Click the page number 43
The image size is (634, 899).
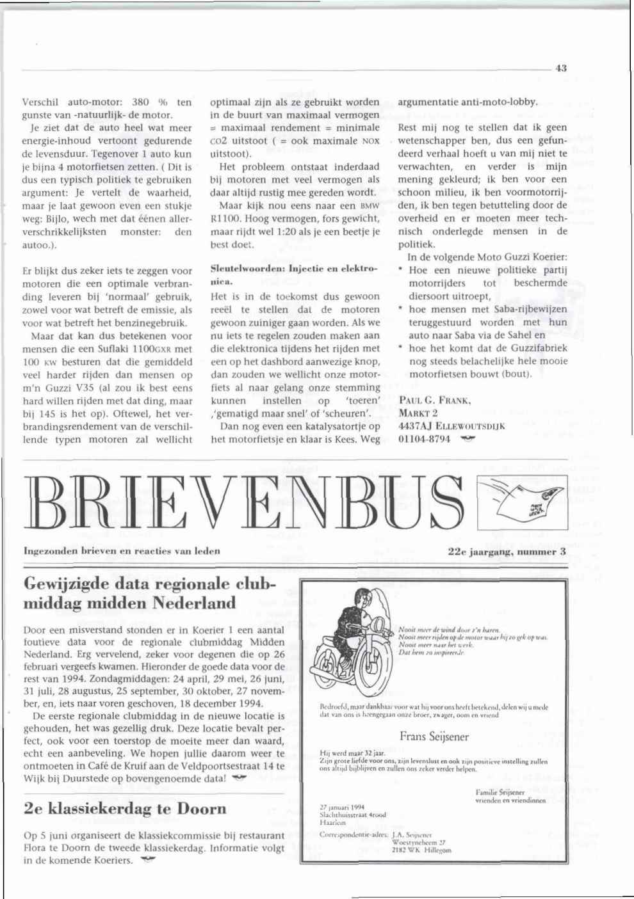[561, 68]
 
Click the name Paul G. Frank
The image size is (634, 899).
[435, 401]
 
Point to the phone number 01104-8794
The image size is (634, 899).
[424, 439]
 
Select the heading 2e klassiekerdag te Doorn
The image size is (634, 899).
[125, 809]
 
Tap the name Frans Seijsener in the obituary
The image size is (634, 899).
[434, 736]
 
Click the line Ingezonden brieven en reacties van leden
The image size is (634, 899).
[122, 550]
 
